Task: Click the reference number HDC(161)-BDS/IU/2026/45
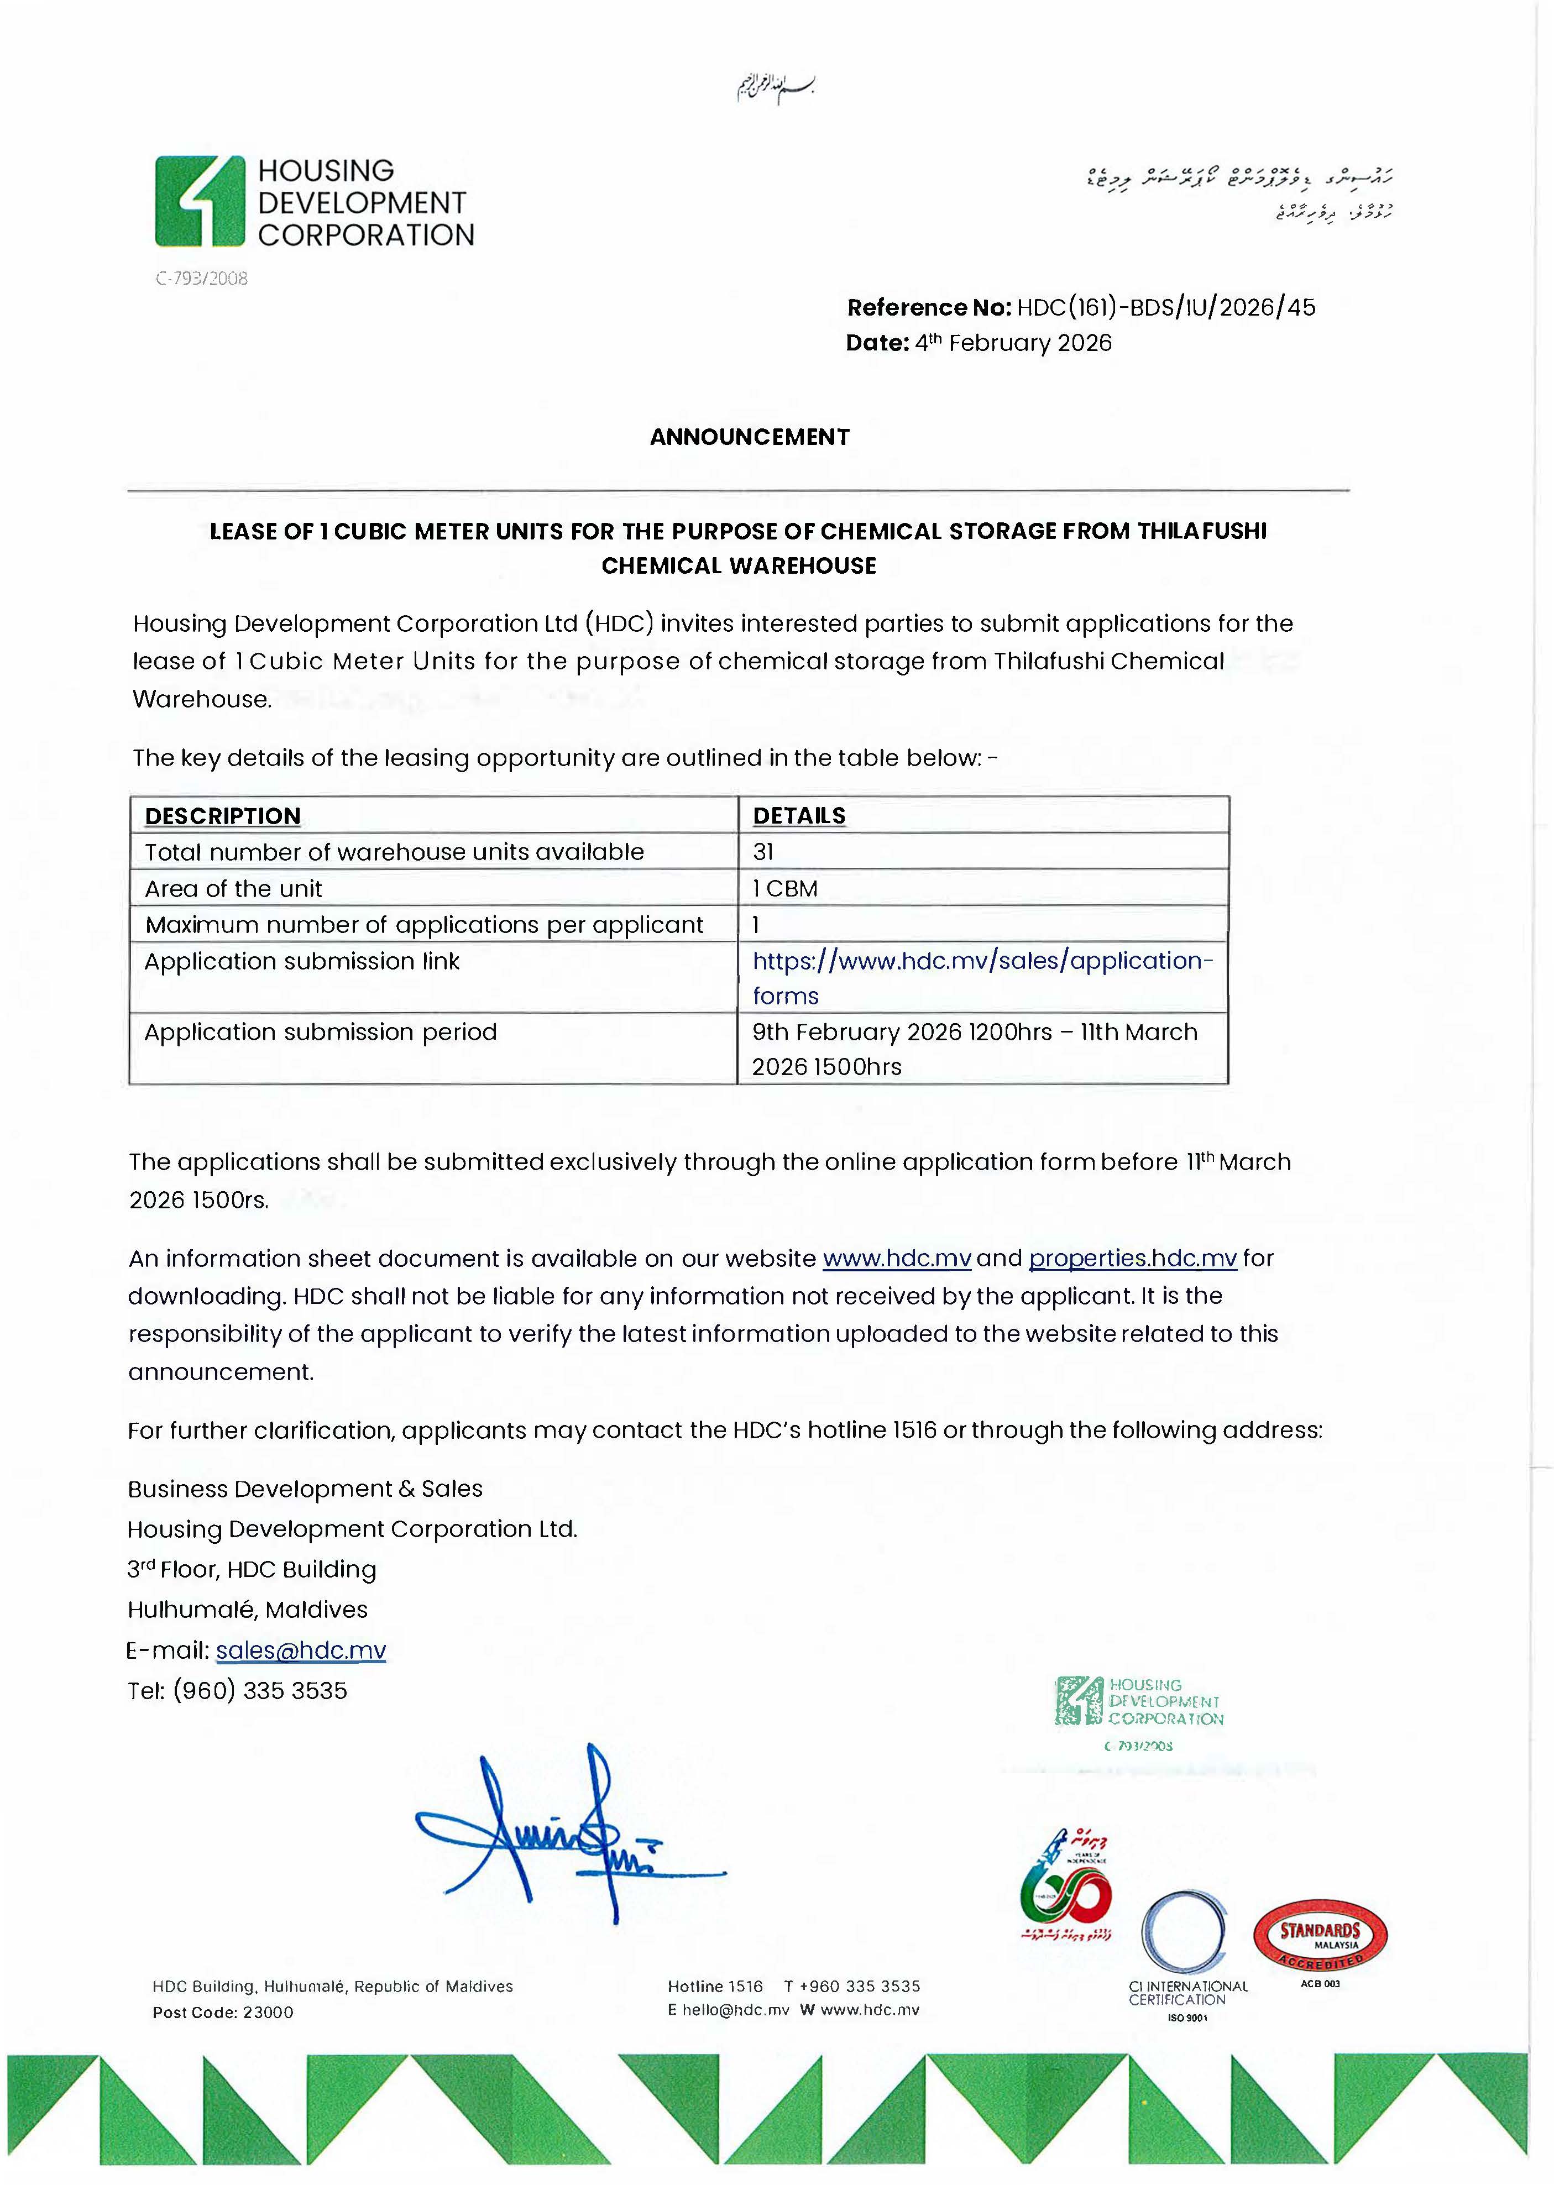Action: pyautogui.click(x=1165, y=307)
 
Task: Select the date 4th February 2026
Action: pyautogui.click(x=1012, y=343)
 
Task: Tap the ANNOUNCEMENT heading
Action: pyautogui.click(x=749, y=437)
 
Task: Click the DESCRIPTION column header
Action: pyautogui.click(x=223, y=816)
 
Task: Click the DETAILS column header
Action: pyautogui.click(x=799, y=816)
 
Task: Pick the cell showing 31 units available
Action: pyautogui.click(x=763, y=851)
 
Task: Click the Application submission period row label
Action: pyautogui.click(x=321, y=1032)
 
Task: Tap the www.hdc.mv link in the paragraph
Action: pyautogui.click(x=897, y=1259)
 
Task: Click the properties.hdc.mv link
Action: pyautogui.click(x=1132, y=1259)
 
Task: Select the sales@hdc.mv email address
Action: pyautogui.click(x=301, y=1650)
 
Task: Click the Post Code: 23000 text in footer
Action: pyautogui.click(x=223, y=2013)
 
